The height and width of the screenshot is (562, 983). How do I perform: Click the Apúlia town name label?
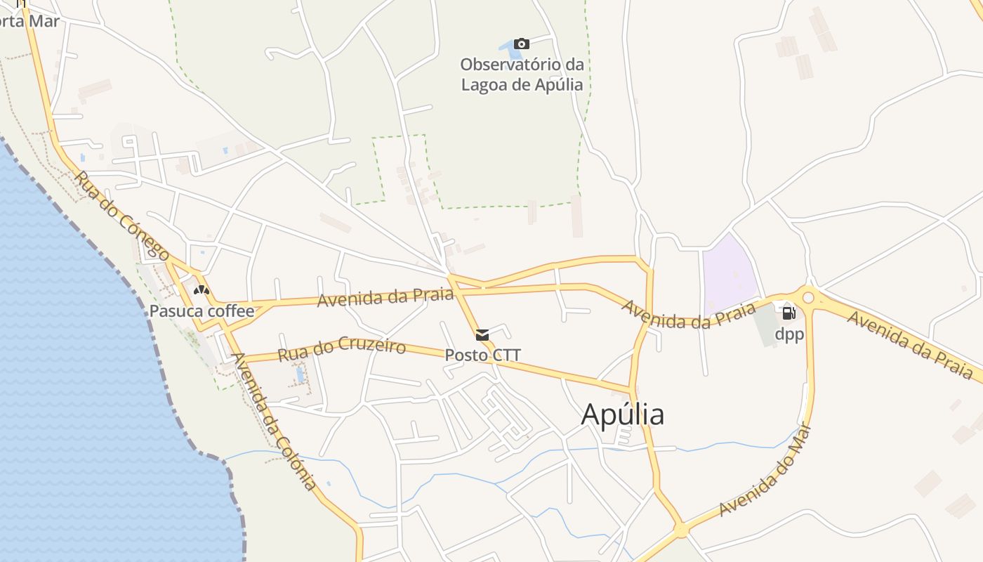point(622,414)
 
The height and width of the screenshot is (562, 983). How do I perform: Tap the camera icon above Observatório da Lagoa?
point(521,44)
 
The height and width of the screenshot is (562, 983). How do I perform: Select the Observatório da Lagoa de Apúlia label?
point(522,74)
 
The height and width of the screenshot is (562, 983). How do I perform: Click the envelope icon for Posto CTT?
point(482,335)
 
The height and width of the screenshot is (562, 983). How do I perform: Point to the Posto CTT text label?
point(482,355)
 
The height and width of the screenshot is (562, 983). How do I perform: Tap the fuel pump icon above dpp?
point(789,313)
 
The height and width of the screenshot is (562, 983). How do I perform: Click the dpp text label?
point(789,334)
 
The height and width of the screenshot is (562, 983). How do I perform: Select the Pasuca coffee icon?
point(202,289)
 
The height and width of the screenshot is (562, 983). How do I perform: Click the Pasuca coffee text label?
point(202,311)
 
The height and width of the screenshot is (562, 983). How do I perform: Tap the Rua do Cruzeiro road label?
point(341,349)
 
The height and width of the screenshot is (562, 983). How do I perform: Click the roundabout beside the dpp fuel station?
point(808,298)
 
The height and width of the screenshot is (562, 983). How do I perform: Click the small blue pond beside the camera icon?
point(507,47)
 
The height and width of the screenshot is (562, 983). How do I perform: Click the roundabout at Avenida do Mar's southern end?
point(680,530)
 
